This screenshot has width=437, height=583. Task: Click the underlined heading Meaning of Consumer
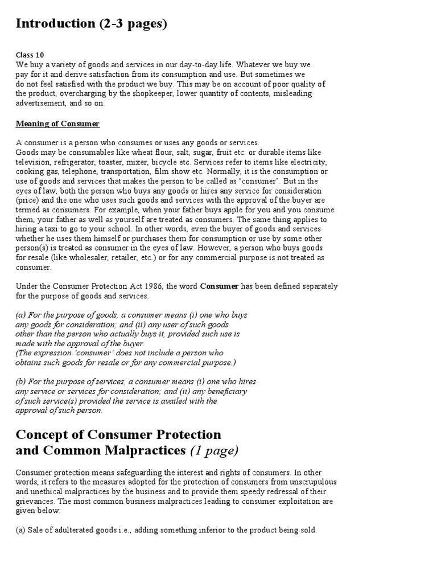(57, 124)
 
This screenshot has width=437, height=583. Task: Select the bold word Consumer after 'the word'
(218, 286)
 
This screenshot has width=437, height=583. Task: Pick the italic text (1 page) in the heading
(215, 451)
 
